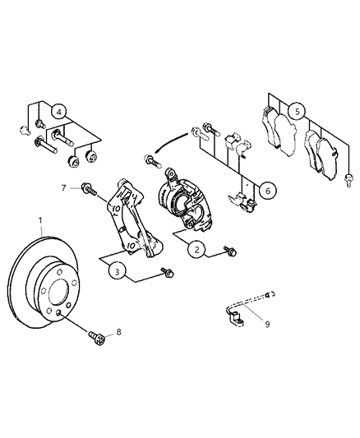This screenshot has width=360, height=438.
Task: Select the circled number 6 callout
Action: point(266,191)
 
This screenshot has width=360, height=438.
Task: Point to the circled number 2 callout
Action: point(195,250)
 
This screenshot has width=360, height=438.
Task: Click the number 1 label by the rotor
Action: point(39,221)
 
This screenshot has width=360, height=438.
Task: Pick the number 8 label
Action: point(119,332)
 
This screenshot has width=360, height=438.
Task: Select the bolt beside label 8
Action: point(96,336)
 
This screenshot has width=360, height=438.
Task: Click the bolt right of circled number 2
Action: point(230,248)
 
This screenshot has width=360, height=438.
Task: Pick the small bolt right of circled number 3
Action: point(169,270)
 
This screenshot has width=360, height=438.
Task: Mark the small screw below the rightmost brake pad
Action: point(350,177)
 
